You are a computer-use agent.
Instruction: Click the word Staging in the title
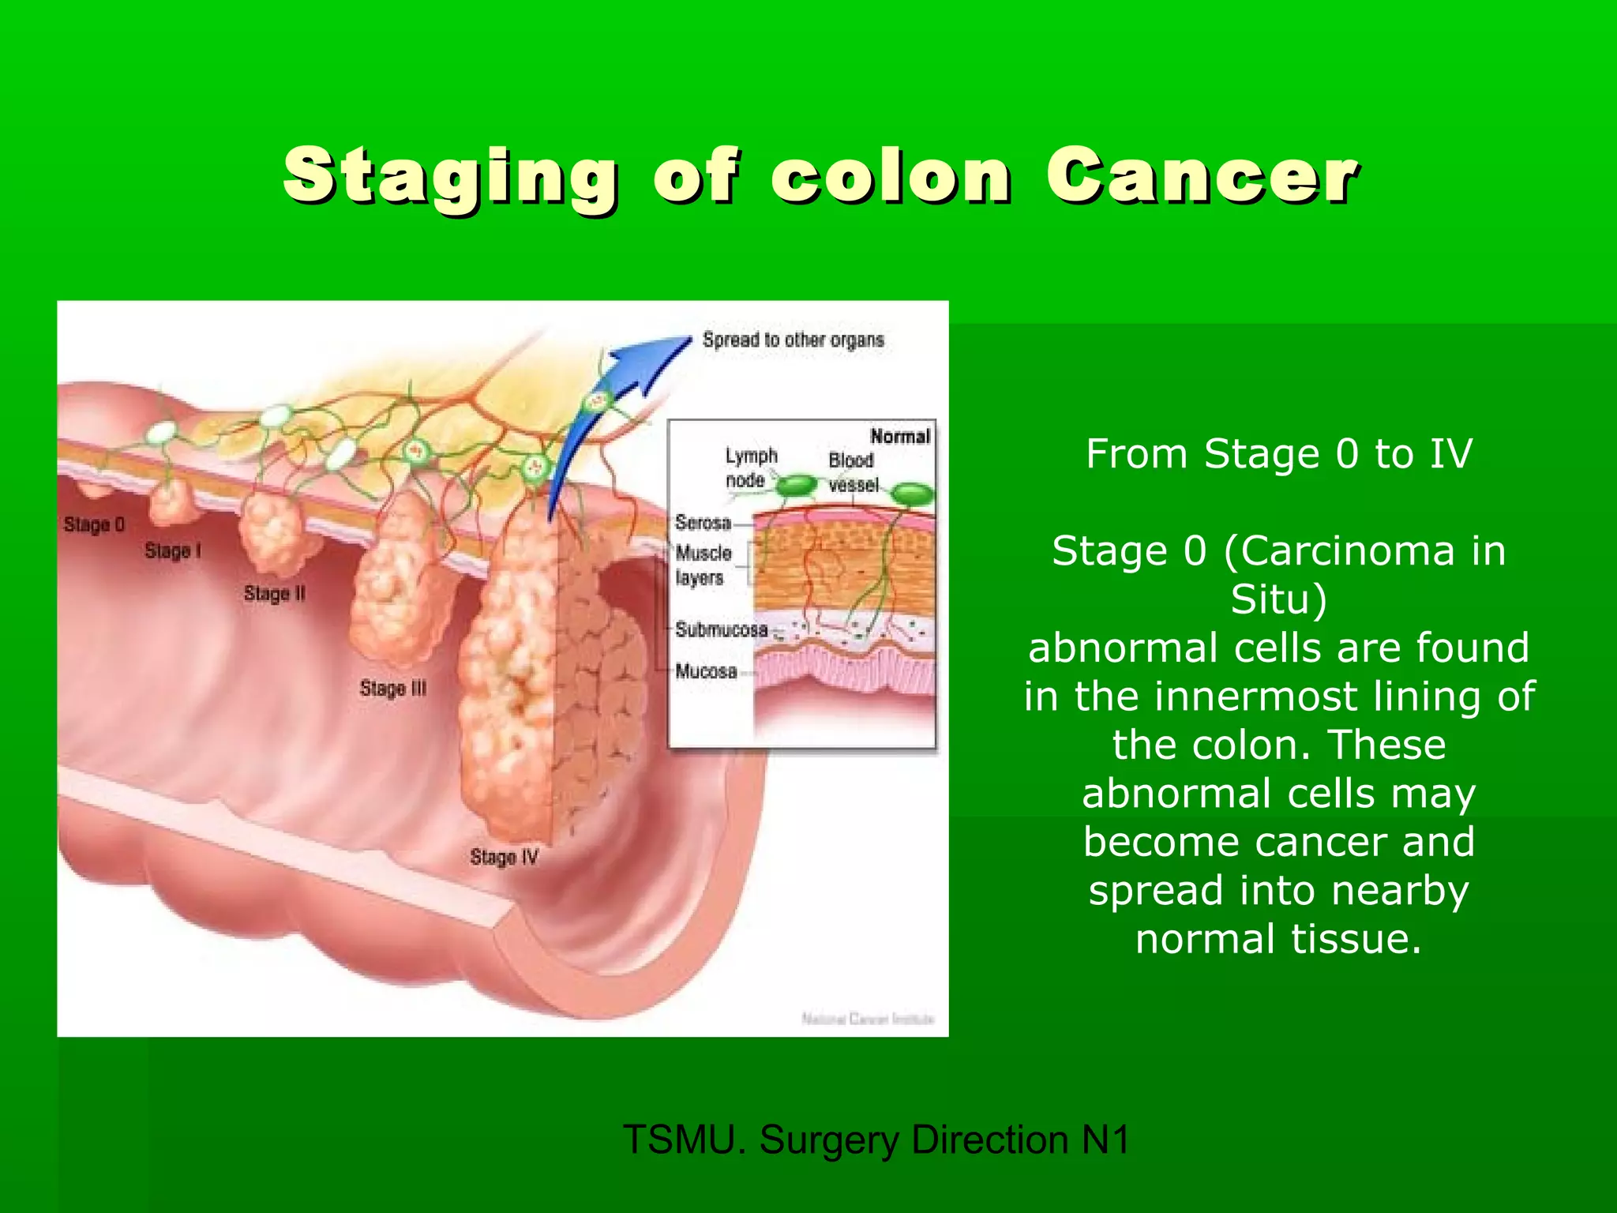pyautogui.click(x=450, y=175)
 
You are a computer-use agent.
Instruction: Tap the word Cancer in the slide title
pyautogui.click(x=1202, y=175)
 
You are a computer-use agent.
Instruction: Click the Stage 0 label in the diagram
pyautogui.click(x=94, y=524)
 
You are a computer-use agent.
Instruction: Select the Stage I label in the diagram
pyautogui.click(x=172, y=550)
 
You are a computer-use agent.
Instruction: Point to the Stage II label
pyautogui.click(x=274, y=593)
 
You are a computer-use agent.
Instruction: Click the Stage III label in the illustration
pyautogui.click(x=392, y=688)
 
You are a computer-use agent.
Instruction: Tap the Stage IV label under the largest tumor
pyautogui.click(x=504, y=857)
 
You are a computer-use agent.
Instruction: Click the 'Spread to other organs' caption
pyautogui.click(x=793, y=340)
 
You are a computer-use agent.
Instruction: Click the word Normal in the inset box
pyautogui.click(x=899, y=436)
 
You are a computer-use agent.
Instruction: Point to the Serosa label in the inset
pyautogui.click(x=703, y=522)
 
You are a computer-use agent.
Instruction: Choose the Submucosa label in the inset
pyautogui.click(x=721, y=629)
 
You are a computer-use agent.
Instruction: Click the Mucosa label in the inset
pyautogui.click(x=706, y=671)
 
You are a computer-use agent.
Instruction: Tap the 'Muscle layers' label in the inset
pyautogui.click(x=703, y=565)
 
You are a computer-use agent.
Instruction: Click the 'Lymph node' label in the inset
pyautogui.click(x=750, y=468)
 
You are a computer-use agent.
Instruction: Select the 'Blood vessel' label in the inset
pyautogui.click(x=852, y=471)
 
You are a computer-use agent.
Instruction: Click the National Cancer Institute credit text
pyautogui.click(x=867, y=1019)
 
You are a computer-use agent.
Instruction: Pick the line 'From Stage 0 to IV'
pyautogui.click(x=1279, y=454)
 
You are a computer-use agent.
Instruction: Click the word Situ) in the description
pyautogui.click(x=1279, y=599)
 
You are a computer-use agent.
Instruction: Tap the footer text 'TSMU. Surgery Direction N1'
pyautogui.click(x=876, y=1140)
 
